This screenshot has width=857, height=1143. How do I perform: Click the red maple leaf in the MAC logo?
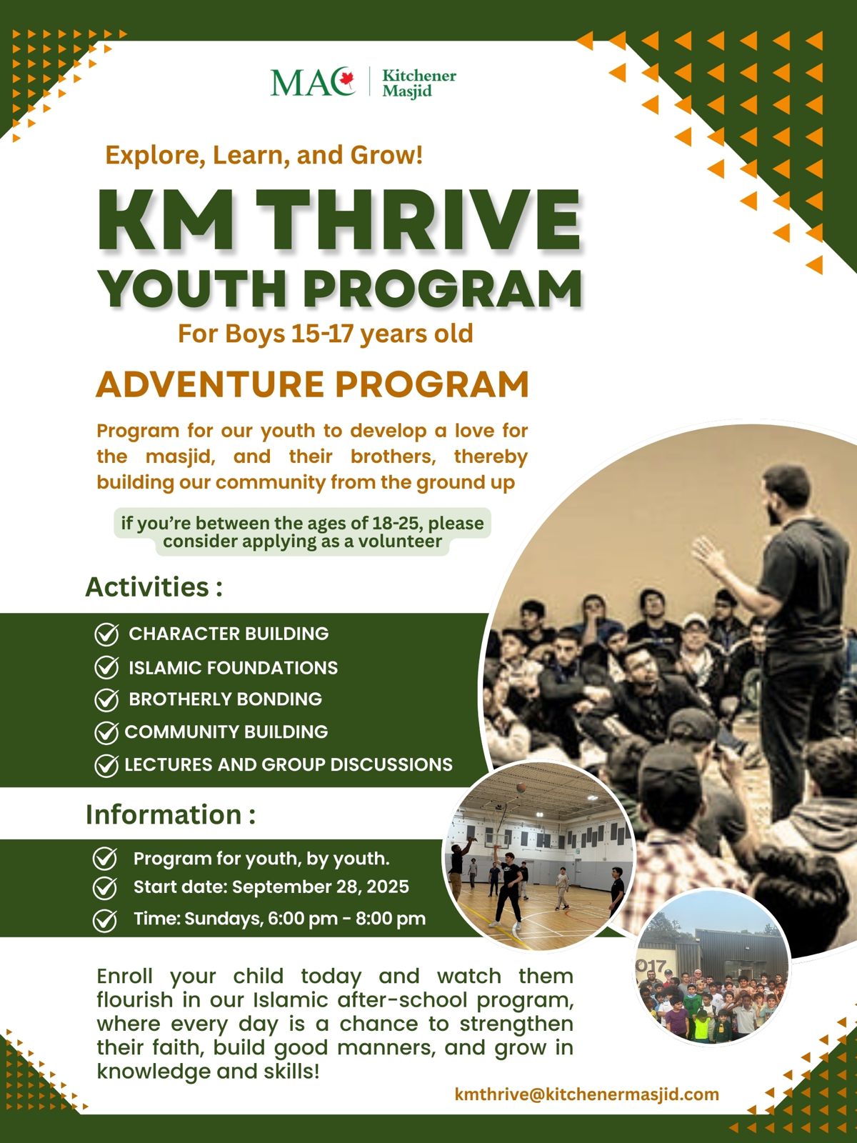click(346, 80)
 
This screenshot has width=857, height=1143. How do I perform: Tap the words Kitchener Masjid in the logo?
click(419, 84)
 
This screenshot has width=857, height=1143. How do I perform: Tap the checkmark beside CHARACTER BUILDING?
click(106, 634)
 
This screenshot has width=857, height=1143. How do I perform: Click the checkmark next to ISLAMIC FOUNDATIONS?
click(106, 667)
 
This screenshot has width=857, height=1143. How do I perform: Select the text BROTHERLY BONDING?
click(225, 699)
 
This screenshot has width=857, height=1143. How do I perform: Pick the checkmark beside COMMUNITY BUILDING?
click(106, 733)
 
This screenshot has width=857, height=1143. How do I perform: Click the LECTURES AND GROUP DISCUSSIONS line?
click(289, 764)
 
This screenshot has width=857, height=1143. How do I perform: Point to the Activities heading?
click(154, 587)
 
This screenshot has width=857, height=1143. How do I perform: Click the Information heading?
click(171, 815)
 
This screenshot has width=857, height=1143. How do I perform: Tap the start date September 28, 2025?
click(321, 887)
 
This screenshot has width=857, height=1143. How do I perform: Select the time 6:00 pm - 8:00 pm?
click(346, 919)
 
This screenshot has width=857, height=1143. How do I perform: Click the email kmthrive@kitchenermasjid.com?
click(587, 1094)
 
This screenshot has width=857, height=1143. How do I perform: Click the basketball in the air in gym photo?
click(521, 788)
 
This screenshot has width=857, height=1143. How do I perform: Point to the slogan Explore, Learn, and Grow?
click(264, 156)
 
